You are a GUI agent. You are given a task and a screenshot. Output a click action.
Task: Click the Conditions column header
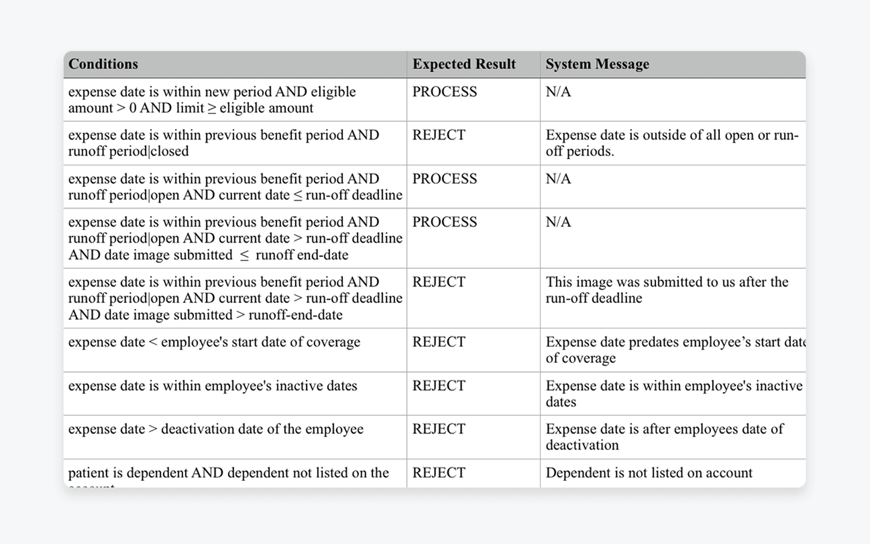(103, 64)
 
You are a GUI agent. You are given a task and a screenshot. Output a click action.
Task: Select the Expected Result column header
(464, 64)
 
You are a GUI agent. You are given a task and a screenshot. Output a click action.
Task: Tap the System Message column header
(597, 64)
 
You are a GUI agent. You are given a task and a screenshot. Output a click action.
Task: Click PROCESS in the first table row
(444, 91)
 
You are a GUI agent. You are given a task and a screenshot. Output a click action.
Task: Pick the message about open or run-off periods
(672, 143)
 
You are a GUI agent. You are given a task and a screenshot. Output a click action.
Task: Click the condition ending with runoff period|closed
(223, 143)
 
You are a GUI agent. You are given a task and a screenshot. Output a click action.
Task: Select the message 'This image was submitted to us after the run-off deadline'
(667, 290)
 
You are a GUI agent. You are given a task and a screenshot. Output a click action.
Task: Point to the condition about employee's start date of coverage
(214, 342)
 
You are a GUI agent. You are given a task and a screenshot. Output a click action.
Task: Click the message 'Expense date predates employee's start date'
(674, 350)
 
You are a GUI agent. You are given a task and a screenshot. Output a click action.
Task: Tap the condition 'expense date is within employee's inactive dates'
(213, 386)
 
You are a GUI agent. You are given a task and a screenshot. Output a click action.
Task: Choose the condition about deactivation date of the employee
(216, 429)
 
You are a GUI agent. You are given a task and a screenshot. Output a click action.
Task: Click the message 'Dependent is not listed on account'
(649, 473)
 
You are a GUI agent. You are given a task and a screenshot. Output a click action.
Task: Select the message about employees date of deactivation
(664, 437)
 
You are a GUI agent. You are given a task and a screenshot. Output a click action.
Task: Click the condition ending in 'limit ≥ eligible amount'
(212, 100)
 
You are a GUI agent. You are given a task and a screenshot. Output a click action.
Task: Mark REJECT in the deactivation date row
(438, 429)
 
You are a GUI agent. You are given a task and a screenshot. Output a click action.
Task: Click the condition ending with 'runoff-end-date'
(235, 298)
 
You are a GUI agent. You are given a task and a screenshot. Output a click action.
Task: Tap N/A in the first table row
(558, 91)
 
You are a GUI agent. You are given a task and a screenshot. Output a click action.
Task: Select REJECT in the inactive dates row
(438, 386)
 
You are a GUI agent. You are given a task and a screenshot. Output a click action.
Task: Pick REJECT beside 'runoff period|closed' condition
(438, 135)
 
